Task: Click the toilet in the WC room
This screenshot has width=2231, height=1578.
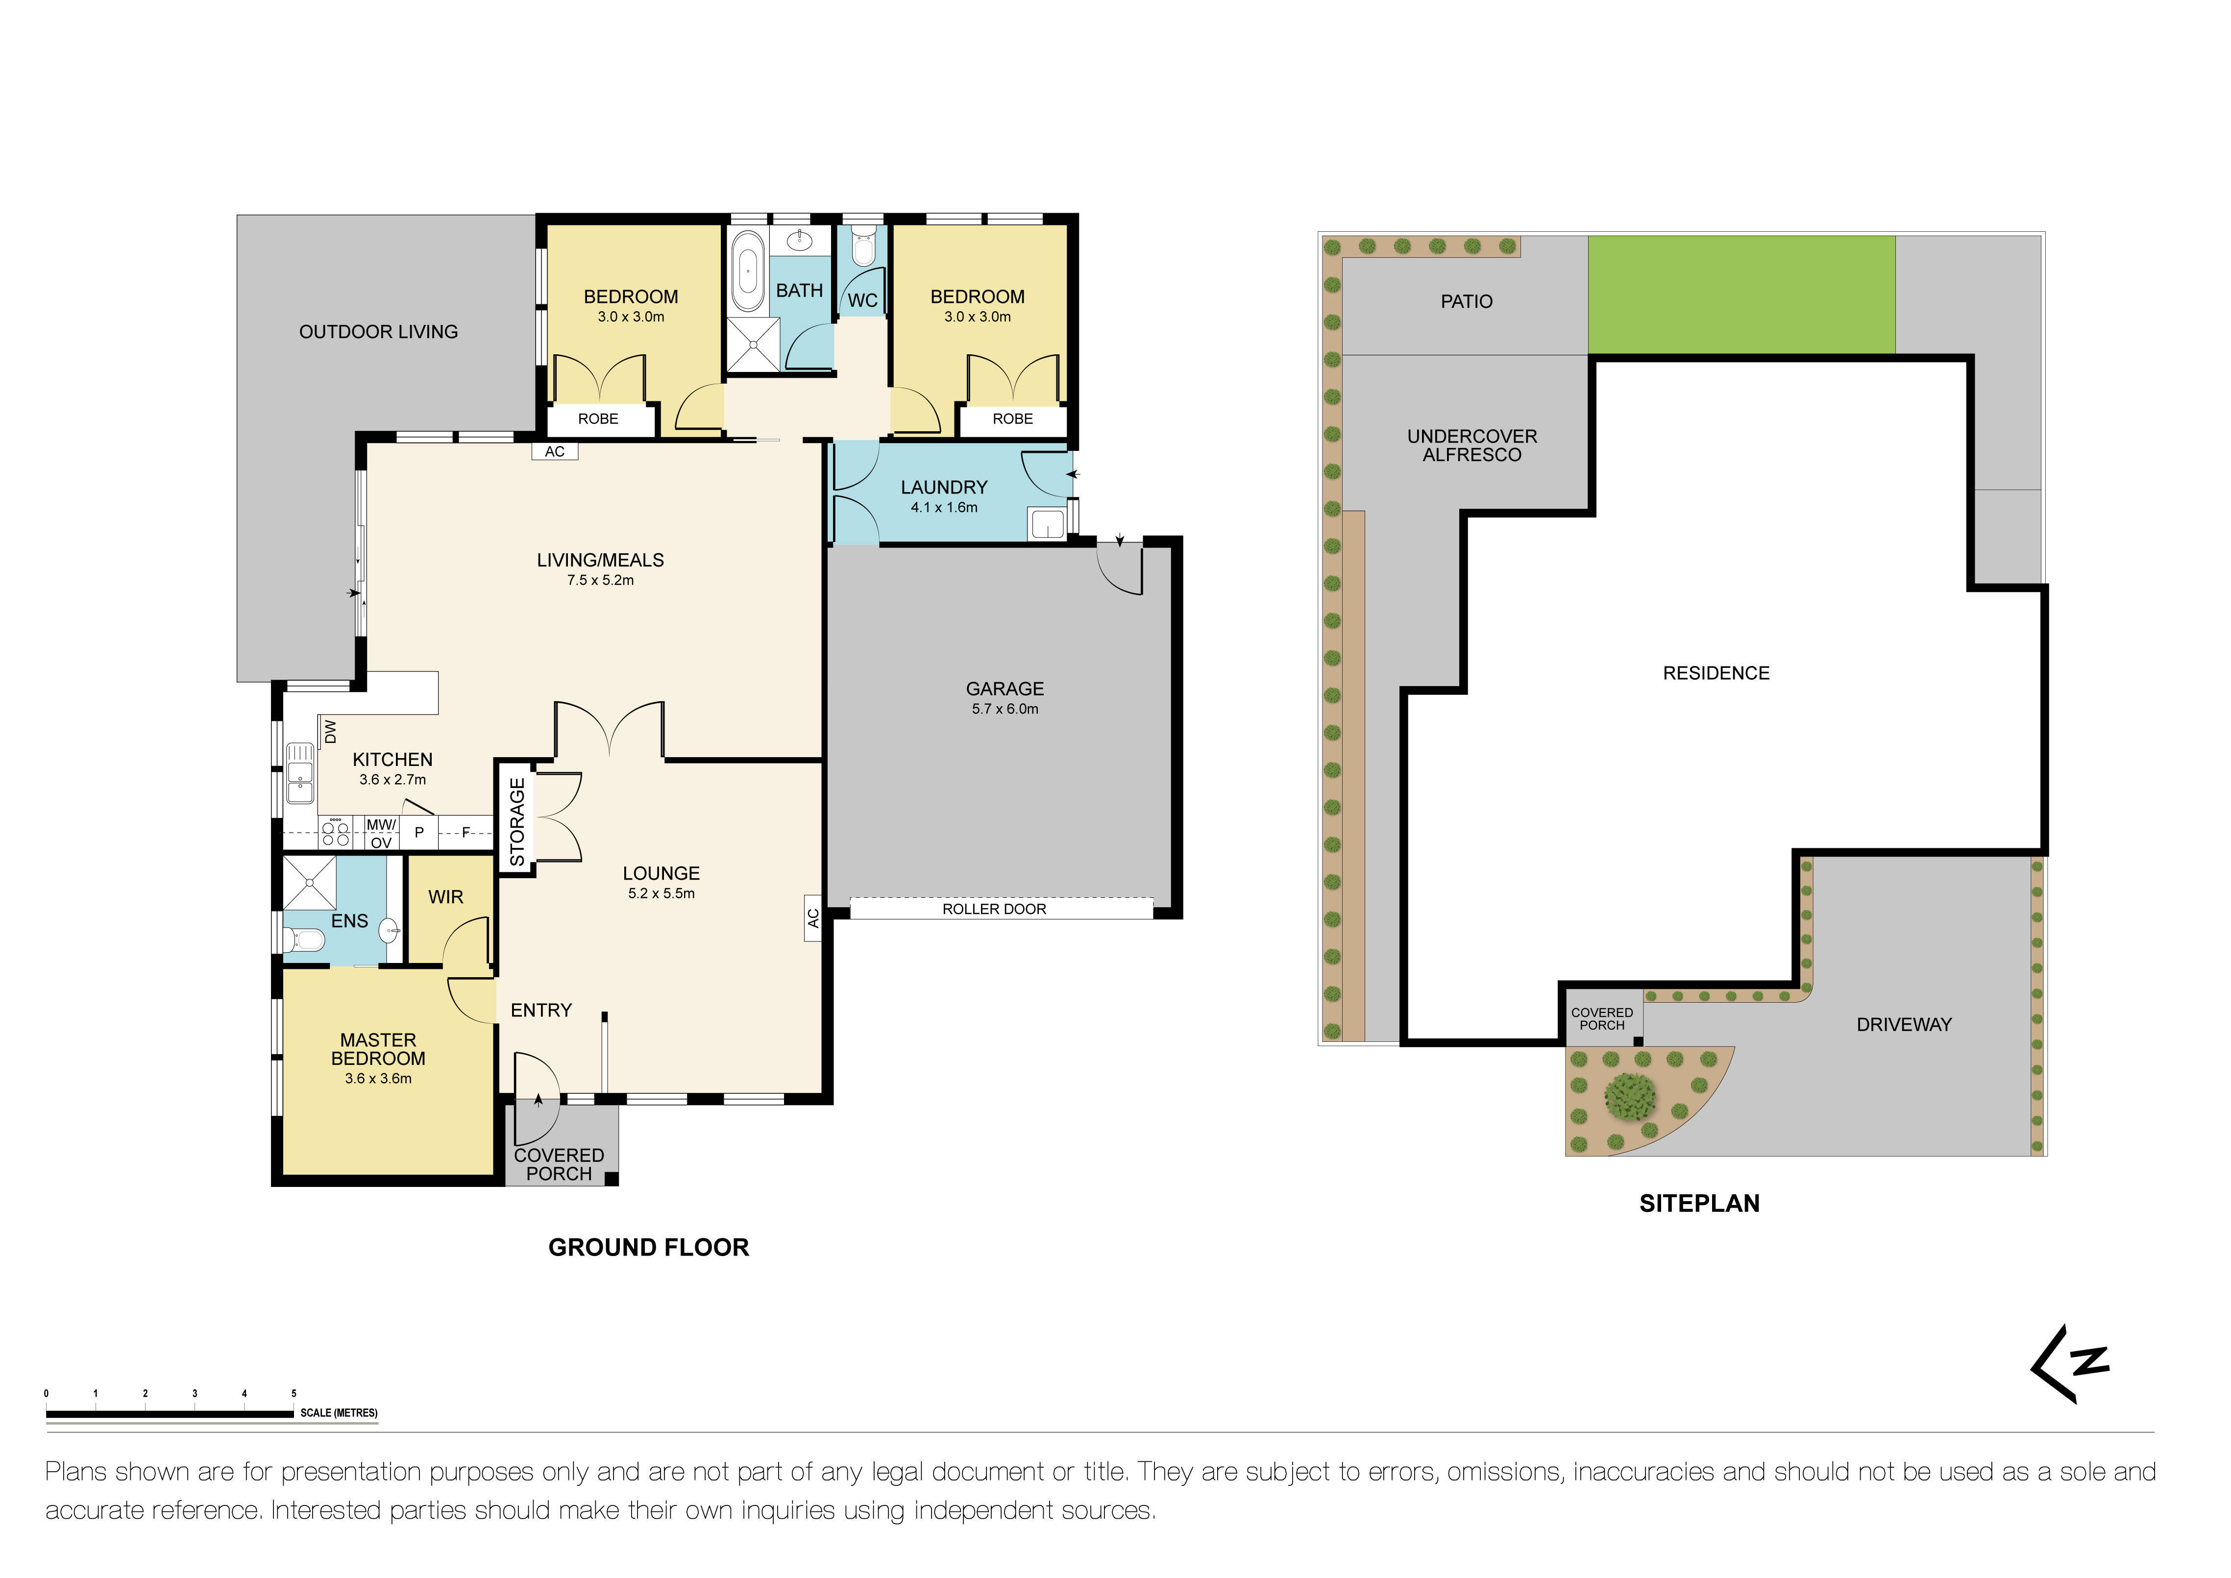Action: (862, 248)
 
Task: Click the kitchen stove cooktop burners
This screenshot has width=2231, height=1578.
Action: (335, 834)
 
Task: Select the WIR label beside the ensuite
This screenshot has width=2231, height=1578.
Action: (446, 897)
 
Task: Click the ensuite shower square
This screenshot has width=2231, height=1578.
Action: (309, 882)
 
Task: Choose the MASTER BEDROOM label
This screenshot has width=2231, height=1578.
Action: (378, 1049)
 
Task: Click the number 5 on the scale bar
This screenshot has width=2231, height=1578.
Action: (294, 1393)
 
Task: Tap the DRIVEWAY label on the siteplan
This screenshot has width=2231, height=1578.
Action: (1903, 1024)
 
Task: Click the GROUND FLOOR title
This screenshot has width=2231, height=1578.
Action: (648, 1248)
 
